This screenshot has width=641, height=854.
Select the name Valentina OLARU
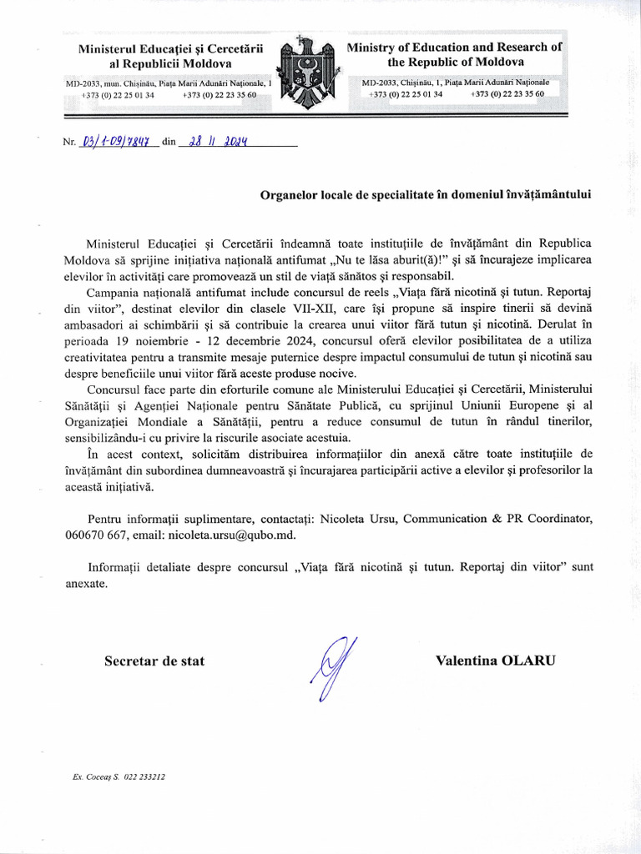point(495,661)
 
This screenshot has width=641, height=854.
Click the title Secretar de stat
point(154,661)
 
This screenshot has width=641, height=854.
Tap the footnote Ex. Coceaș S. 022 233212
point(119,776)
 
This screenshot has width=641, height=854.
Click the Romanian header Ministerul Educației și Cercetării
point(170,49)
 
